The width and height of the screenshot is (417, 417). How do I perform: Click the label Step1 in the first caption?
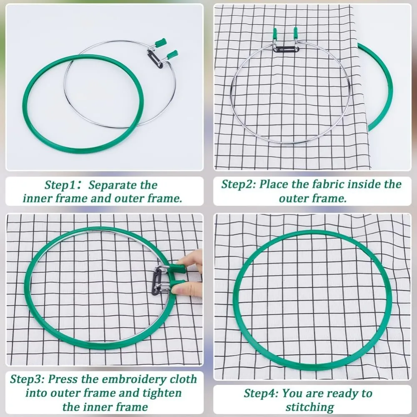60,185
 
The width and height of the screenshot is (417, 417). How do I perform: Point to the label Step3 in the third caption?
26,379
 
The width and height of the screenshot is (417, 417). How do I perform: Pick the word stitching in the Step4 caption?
310,407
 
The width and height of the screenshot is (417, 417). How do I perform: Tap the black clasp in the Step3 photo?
156,282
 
